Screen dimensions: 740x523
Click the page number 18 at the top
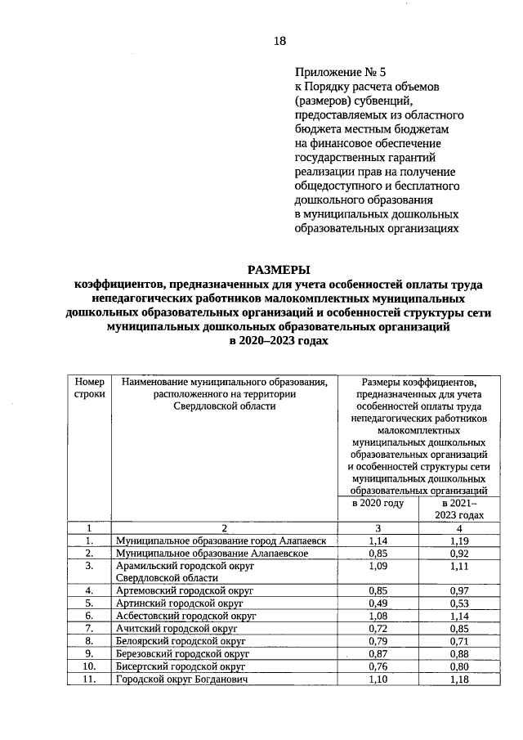[x=279, y=42]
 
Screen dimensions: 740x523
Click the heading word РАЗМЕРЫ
[x=279, y=270]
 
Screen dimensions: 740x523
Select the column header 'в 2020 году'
[x=378, y=504]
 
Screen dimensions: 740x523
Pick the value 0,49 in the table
[x=378, y=603]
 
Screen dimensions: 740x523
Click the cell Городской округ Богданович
[x=181, y=679]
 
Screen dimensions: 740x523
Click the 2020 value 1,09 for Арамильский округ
[x=378, y=565]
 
